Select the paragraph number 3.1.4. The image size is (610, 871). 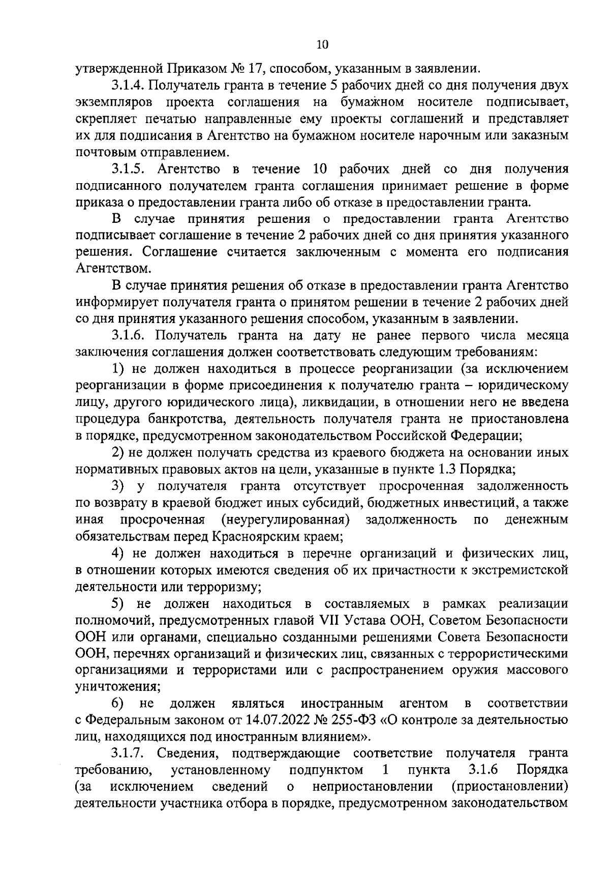128,85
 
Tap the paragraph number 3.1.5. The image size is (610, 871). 128,168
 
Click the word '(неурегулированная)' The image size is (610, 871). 285,519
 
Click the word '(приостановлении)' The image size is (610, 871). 509,787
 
